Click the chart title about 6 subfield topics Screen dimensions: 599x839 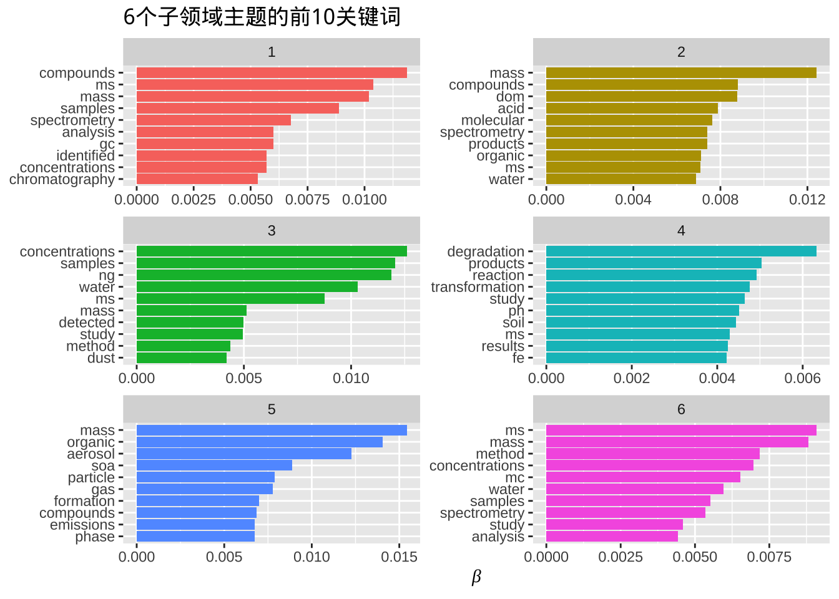262,17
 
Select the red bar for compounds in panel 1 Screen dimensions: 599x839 272,73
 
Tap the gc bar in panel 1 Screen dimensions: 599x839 205,144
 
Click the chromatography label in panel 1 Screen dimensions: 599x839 62,180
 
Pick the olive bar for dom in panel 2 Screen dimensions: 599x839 642,97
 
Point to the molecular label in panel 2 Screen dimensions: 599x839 493,120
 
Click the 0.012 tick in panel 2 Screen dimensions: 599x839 807,200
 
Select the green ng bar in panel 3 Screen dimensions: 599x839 263,275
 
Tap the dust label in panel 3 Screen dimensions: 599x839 101,358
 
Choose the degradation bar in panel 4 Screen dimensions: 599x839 681,251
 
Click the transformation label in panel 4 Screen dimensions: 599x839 478,287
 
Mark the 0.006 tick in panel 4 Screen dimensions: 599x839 803,378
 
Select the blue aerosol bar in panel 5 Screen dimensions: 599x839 243,454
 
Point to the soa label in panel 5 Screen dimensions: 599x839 103,466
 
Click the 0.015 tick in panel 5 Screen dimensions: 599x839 400,557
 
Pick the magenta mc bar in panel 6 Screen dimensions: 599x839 643,477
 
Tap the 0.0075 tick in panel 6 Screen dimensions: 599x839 769,557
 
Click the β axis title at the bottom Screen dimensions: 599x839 476,577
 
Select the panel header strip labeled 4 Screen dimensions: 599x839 681,231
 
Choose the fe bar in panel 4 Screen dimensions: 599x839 636,358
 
